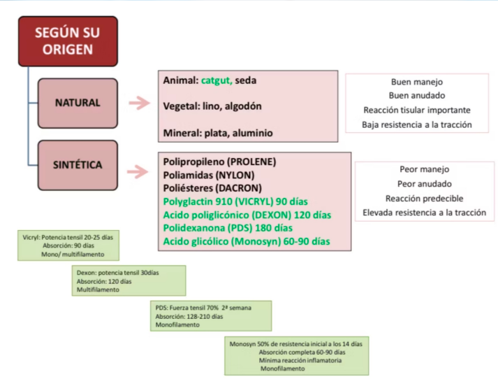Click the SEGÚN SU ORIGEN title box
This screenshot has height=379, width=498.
click(68, 41)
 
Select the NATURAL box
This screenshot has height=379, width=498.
click(78, 103)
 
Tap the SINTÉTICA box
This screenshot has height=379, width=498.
click(78, 165)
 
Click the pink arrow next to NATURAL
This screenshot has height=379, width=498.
click(140, 103)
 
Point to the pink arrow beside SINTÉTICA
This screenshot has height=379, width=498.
click(140, 167)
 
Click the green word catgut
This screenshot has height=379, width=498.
click(216, 80)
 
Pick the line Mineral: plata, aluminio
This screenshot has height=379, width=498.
click(217, 132)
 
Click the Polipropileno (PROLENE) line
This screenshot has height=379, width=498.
click(219, 162)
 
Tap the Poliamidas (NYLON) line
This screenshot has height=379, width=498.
click(208, 175)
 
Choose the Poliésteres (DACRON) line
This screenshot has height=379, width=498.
click(212, 188)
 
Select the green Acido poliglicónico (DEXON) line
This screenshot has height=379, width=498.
click(247, 215)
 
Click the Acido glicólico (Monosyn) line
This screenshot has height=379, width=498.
click(247, 241)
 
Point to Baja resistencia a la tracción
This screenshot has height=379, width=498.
click(417, 125)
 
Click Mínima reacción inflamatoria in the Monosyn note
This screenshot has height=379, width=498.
click(300, 360)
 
